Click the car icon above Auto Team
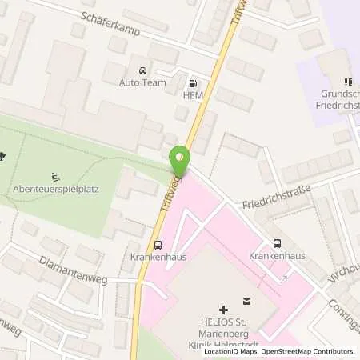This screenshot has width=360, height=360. click(143, 70)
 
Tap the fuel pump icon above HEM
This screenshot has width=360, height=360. click(192, 82)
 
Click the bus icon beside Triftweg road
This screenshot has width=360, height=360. click(158, 246)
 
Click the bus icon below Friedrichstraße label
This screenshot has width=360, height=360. click(277, 242)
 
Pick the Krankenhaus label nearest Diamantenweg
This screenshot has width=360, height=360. click(153, 258)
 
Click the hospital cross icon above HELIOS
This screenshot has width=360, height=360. click(223, 308)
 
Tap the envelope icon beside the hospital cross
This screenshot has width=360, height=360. click(246, 302)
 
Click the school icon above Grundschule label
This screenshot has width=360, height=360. click(347, 82)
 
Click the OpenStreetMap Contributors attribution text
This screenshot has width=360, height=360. click(311, 351)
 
